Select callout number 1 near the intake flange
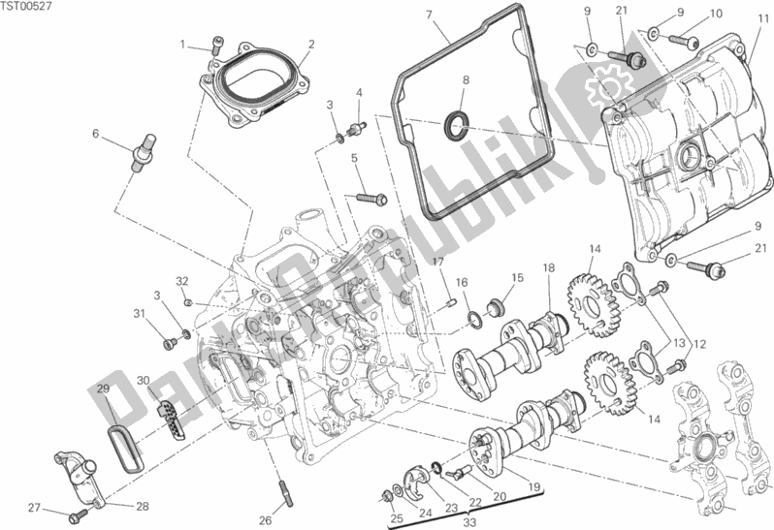[181, 44]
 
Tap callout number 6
[95, 133]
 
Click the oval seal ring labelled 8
[456, 123]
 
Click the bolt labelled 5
[368, 199]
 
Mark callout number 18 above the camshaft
[548, 267]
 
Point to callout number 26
[264, 493]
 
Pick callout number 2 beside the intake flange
[311, 44]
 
